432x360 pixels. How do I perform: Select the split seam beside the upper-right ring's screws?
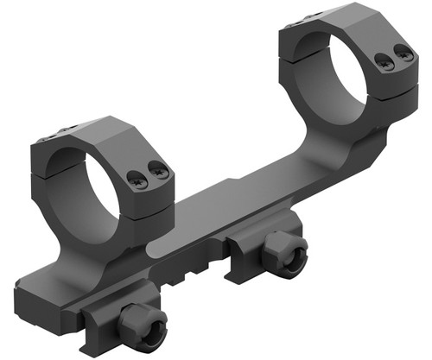[x=393, y=82]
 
